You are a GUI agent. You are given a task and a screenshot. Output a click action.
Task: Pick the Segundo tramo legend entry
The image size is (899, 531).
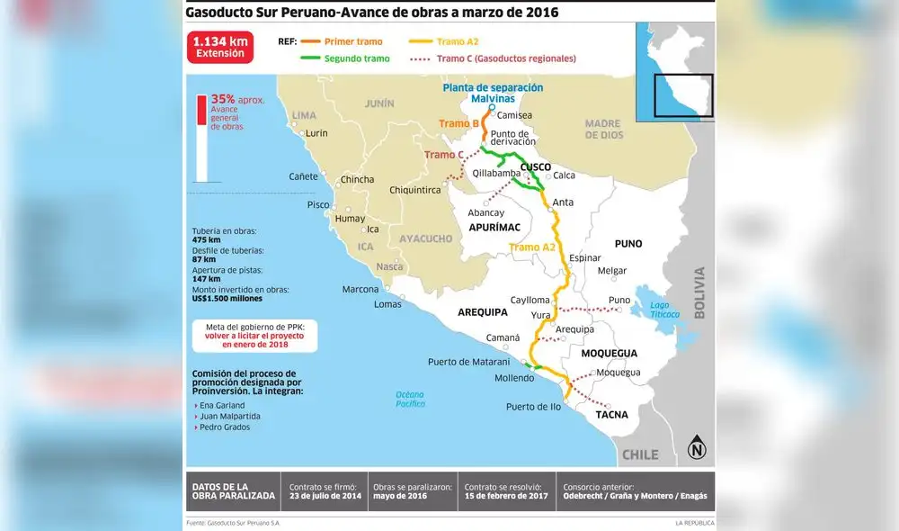pyautogui.click(x=345, y=58)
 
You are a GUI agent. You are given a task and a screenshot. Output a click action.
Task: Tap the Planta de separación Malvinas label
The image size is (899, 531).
pyautogui.click(x=492, y=92)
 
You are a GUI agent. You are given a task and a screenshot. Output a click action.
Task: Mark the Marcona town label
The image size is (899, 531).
pyautogui.click(x=360, y=289)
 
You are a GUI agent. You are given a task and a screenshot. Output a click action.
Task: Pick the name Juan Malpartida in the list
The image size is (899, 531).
pyautogui.click(x=230, y=416)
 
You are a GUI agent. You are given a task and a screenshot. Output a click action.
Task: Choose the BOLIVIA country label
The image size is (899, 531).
pyautogui.click(x=700, y=292)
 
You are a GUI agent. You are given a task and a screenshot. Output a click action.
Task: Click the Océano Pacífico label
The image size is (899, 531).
pyautogui.click(x=409, y=399)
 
